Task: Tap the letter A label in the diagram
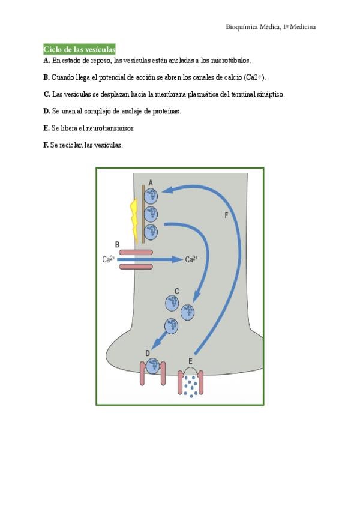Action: (x=151, y=182)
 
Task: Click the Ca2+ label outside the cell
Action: (x=109, y=259)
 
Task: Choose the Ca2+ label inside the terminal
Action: (x=191, y=259)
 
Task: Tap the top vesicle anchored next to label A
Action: (x=151, y=195)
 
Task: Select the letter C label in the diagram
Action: (x=176, y=291)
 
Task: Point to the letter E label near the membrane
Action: (x=190, y=361)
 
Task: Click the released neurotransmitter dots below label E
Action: (x=191, y=385)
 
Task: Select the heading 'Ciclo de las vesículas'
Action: (x=79, y=49)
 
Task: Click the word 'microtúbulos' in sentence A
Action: (x=230, y=61)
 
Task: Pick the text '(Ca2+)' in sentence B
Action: (x=256, y=77)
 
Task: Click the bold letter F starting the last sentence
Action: (x=46, y=145)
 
